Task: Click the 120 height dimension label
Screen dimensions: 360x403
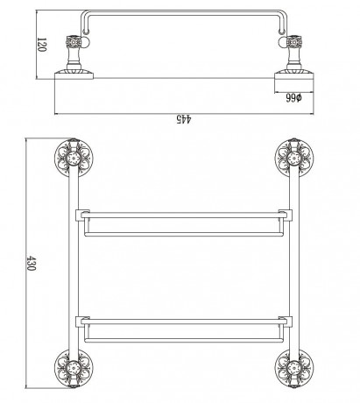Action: tap(42, 45)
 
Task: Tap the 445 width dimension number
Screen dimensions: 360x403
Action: tap(184, 119)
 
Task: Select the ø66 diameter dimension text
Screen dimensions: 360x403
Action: tap(293, 98)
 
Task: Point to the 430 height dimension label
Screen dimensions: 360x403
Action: tap(31, 263)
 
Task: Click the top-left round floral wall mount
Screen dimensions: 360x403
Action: tap(74, 159)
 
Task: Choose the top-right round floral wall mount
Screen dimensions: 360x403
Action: tap(294, 159)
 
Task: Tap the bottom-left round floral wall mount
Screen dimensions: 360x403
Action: tap(74, 368)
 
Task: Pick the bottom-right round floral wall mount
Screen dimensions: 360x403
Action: tap(294, 368)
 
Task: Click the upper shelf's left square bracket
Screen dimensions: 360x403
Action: tap(82, 216)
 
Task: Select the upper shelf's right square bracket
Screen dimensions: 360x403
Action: tap(286, 216)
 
